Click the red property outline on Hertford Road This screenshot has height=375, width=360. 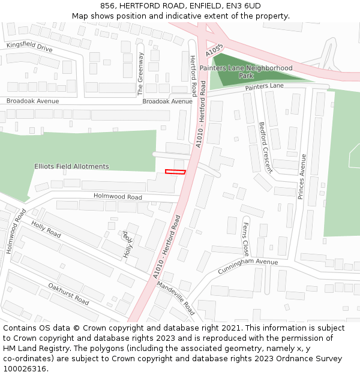pyautogui.click(x=175, y=172)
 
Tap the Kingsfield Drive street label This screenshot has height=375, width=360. pyautogui.click(x=29, y=46)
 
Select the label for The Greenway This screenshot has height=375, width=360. pyautogui.click(x=141, y=74)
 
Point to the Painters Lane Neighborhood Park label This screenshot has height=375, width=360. pyautogui.click(x=246, y=72)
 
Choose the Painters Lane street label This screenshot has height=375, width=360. pyautogui.click(x=264, y=86)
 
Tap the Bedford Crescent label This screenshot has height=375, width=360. pyautogui.click(x=265, y=147)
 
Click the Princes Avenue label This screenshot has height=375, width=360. pyautogui.click(x=302, y=176)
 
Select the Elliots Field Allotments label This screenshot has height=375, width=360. pyautogui.click(x=72, y=166)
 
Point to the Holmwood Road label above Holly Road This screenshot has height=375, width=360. pyautogui.click(x=118, y=197)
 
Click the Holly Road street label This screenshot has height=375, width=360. pyautogui.click(x=46, y=229)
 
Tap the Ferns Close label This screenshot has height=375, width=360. pyautogui.click(x=245, y=239)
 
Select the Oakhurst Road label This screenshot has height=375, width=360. pyautogui.click(x=68, y=293)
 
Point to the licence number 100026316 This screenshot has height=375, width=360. pyautogui.click(x=26, y=368)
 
